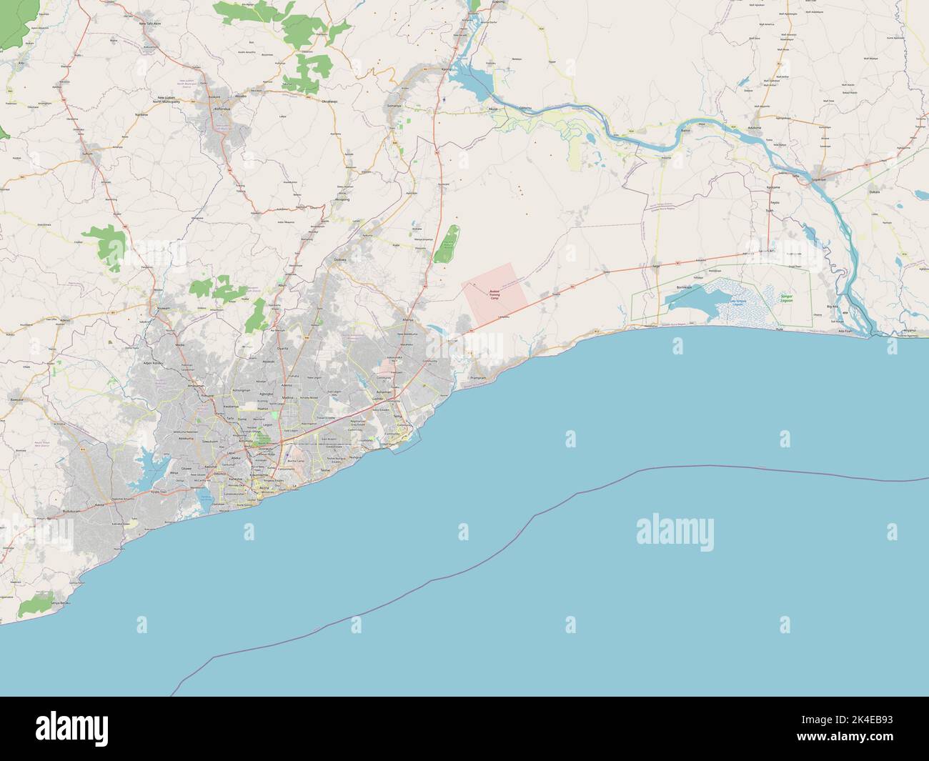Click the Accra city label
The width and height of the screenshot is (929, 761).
(x=249, y=487)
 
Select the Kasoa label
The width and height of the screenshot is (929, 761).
(x=99, y=504)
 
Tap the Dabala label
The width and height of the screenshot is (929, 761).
(x=873, y=192)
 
